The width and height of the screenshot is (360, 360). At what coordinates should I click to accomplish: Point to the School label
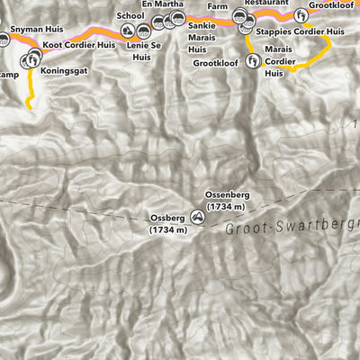coord(130,16)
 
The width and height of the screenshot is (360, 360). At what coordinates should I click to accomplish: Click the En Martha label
coord(163,4)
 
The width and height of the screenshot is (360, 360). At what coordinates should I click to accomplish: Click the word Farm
coord(218,6)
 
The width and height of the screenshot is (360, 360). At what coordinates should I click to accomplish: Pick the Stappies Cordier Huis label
coord(301,31)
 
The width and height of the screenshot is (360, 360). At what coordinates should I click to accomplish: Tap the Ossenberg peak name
coord(226,195)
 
